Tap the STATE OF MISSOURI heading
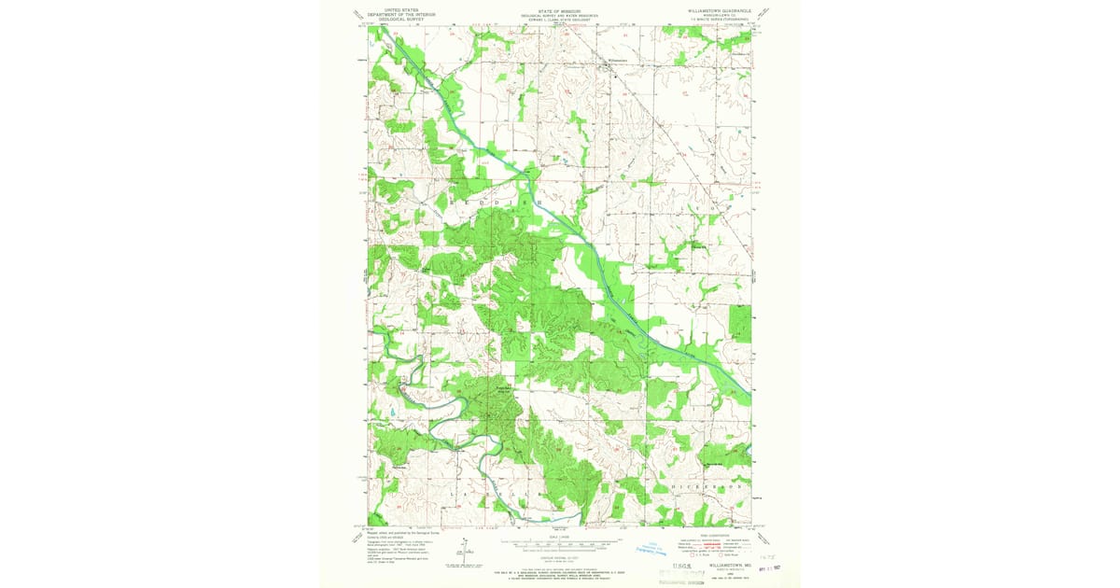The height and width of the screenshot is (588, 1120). click(x=559, y=11)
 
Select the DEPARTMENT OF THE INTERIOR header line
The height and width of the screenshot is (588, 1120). click(x=402, y=15)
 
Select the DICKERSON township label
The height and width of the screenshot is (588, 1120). click(x=707, y=487)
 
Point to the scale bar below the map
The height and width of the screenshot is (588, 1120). click(x=559, y=542)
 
